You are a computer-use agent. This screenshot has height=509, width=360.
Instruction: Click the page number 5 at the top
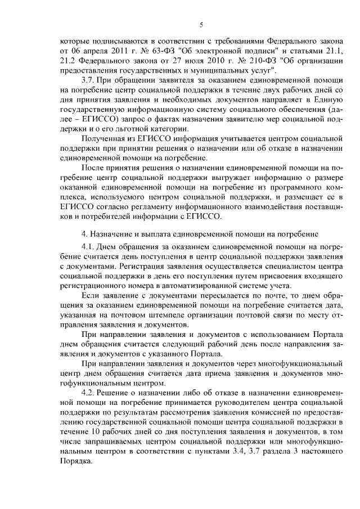(201, 25)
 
